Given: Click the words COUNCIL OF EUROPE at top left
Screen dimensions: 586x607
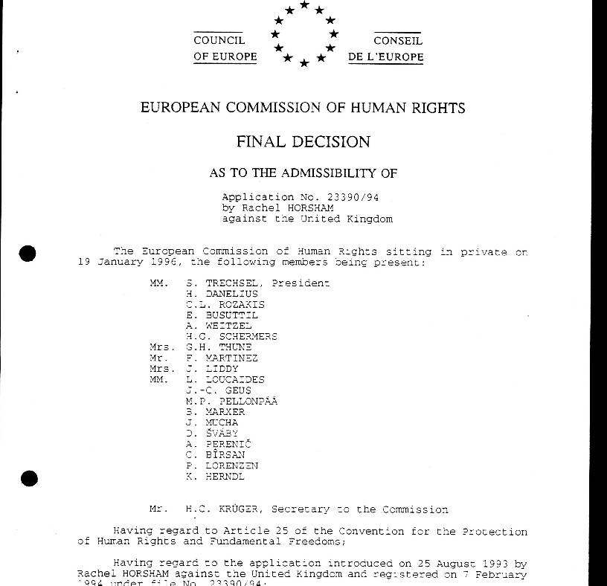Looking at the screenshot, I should pyautogui.click(x=225, y=49).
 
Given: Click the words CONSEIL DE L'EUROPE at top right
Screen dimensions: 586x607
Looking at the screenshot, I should pyautogui.click(x=386, y=49).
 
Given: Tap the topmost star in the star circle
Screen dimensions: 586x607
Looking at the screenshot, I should pyautogui.click(x=304, y=5).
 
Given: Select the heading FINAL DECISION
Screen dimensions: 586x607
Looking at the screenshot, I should pyautogui.click(x=303, y=141).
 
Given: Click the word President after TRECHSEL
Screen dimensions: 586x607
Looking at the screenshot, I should pyautogui.click(x=301, y=283).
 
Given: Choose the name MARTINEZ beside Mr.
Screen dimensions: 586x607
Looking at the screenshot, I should pyautogui.click(x=231, y=358).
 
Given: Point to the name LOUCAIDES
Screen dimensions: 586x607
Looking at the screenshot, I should pyautogui.click(x=234, y=379).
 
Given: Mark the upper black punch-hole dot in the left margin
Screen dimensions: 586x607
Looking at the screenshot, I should pyautogui.click(x=28, y=254).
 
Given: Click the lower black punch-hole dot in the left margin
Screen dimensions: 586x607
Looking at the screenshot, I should pyautogui.click(x=28, y=477).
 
